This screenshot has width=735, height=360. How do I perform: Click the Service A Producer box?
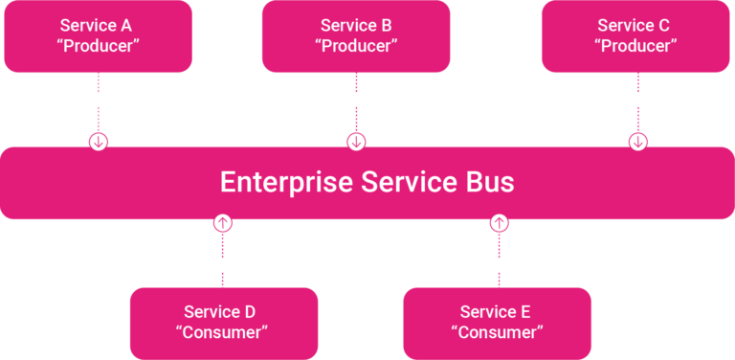pyautogui.click(x=98, y=35)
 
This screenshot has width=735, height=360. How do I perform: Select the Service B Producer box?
pyautogui.click(x=356, y=35)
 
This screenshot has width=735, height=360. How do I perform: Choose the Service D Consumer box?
pyautogui.click(x=223, y=323)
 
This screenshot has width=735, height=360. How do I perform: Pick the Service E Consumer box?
pyautogui.click(x=498, y=323)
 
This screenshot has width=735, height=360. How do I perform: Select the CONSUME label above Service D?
pyautogui.click(x=221, y=263)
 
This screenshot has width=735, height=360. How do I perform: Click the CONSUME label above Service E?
pyautogui.click(x=498, y=263)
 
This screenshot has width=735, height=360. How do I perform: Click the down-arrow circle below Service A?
pyautogui.click(x=99, y=142)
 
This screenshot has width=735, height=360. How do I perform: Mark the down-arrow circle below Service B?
pyautogui.click(x=356, y=142)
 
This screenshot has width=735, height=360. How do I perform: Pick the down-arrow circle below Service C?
pyautogui.click(x=638, y=142)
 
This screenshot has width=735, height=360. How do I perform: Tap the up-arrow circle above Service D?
pyautogui.click(x=222, y=223)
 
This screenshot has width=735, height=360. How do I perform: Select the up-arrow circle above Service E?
pyautogui.click(x=499, y=223)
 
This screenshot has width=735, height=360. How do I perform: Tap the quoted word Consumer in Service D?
pyautogui.click(x=223, y=332)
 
